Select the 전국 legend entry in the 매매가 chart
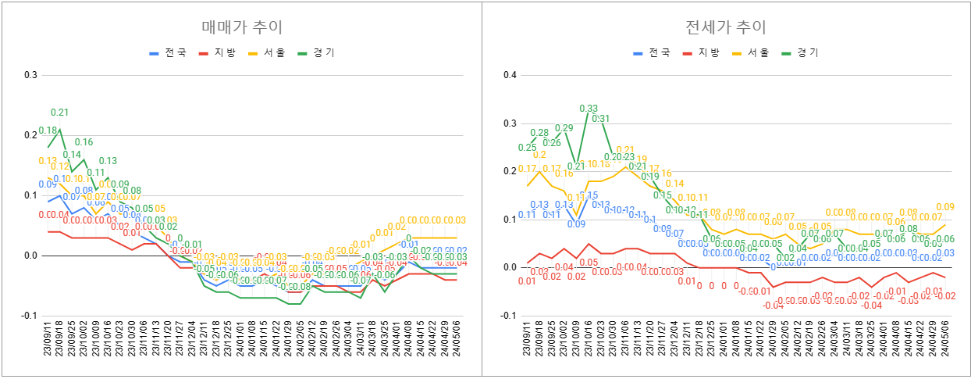click(x=169, y=53)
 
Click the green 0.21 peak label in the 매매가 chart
click(x=60, y=113)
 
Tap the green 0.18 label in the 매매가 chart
click(x=48, y=131)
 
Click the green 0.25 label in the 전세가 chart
click(x=526, y=147)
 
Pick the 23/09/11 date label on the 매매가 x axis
click(x=48, y=344)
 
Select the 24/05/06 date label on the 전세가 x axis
click(x=944, y=344)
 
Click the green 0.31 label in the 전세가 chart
click(x=600, y=119)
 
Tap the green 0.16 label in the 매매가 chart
click(x=84, y=142)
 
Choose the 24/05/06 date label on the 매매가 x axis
click(x=457, y=344)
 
